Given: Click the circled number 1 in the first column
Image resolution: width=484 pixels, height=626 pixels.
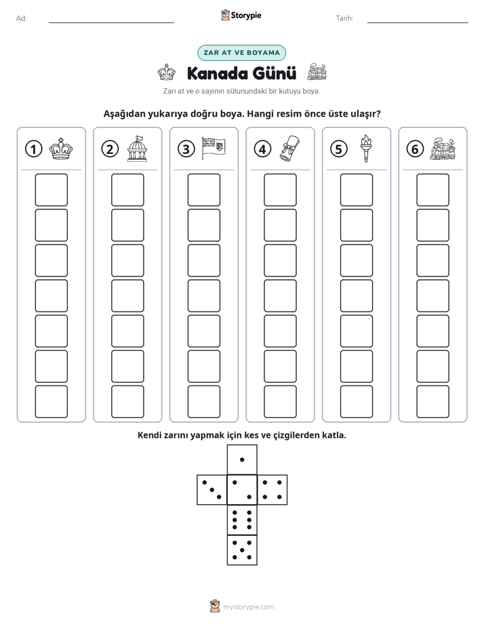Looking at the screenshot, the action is pyautogui.click(x=33, y=149).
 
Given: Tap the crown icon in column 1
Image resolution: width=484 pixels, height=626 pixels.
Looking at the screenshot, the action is pyautogui.click(x=61, y=149).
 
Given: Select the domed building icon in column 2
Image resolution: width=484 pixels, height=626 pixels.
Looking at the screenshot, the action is pyautogui.click(x=137, y=148).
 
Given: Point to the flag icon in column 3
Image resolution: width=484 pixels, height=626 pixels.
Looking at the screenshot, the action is pyautogui.click(x=214, y=148).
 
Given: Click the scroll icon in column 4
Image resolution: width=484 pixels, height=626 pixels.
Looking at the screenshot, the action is pyautogui.click(x=290, y=148).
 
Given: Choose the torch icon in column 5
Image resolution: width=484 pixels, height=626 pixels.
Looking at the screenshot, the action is pyautogui.click(x=366, y=148).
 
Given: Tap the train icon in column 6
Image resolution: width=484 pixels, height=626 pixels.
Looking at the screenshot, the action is pyautogui.click(x=443, y=149).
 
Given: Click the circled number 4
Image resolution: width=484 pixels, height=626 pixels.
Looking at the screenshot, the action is pyautogui.click(x=262, y=149).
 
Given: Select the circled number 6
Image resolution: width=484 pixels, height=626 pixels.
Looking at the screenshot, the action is pyautogui.click(x=415, y=149).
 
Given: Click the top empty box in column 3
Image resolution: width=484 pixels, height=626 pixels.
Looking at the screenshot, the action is pyautogui.click(x=203, y=190).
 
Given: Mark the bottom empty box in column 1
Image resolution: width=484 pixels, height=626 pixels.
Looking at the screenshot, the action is pyautogui.click(x=51, y=402).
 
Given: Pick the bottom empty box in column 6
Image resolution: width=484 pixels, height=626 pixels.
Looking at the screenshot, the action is pyautogui.click(x=433, y=402).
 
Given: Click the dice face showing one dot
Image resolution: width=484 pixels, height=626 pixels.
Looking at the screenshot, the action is pyautogui.click(x=242, y=459).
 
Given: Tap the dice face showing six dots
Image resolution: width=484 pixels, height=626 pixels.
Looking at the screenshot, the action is pyautogui.click(x=242, y=520).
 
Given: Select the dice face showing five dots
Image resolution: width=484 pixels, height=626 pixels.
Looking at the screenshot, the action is pyautogui.click(x=242, y=549).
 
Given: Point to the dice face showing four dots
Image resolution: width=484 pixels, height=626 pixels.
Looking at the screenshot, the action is pyautogui.click(x=273, y=490).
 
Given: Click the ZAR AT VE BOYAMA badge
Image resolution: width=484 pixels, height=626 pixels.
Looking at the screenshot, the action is pyautogui.click(x=241, y=53).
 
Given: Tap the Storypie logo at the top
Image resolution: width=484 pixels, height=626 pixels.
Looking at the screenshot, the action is pyautogui.click(x=241, y=15).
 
